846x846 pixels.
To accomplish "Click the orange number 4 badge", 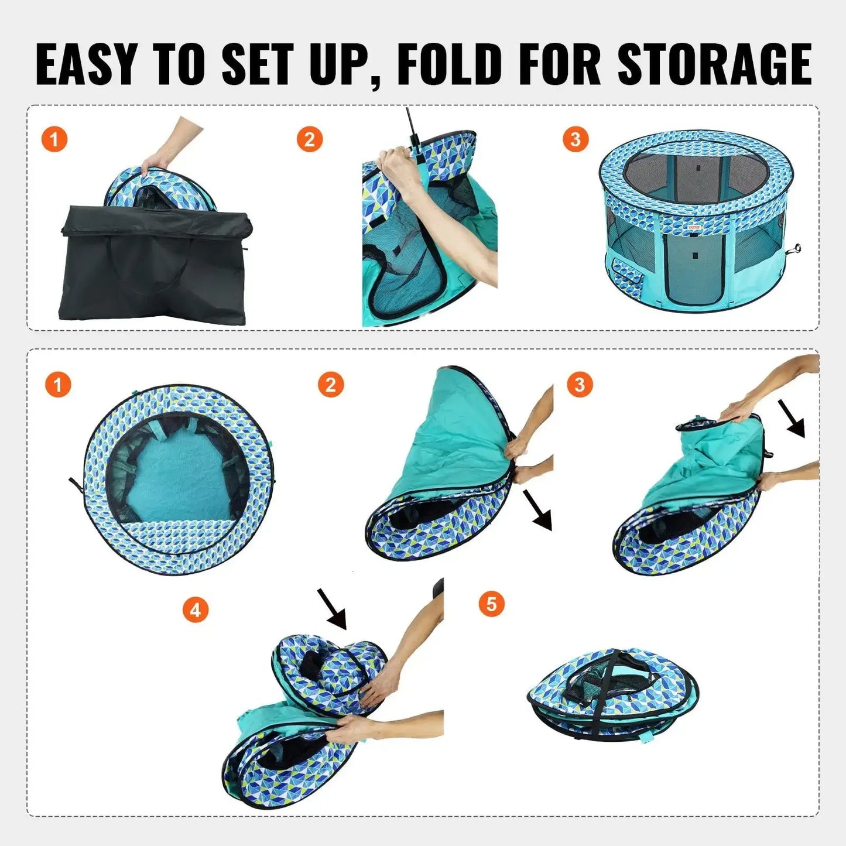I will pyautogui.click(x=195, y=610).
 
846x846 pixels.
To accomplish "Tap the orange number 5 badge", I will pyautogui.click(x=491, y=604).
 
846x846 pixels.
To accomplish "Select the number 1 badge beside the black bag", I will pyautogui.click(x=54, y=140).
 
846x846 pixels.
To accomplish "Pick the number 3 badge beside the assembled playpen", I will pyautogui.click(x=575, y=139).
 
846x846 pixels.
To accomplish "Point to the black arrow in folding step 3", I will pyautogui.click(x=794, y=418).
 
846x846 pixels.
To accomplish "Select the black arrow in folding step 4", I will pyautogui.click(x=332, y=609).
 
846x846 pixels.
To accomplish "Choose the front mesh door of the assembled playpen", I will pyautogui.click(x=694, y=266).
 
